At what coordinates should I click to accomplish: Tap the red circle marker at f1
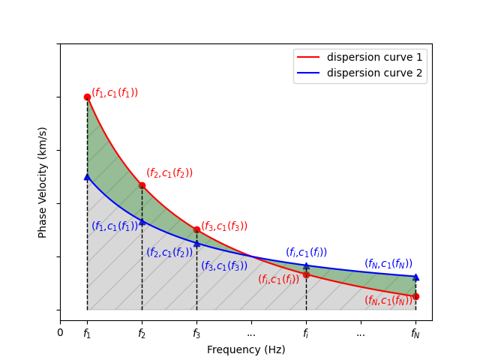(x=87, y=97)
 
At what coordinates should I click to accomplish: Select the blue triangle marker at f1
(x=87, y=177)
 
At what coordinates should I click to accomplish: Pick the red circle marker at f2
(x=142, y=185)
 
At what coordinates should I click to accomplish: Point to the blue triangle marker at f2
(x=142, y=222)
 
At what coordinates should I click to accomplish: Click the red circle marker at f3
(x=196, y=229)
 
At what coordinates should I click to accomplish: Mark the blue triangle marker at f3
(x=196, y=244)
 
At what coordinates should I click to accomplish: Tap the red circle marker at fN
(x=415, y=296)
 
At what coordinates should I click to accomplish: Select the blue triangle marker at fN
(x=415, y=277)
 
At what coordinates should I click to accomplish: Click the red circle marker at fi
(x=306, y=274)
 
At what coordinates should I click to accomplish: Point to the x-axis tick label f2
(x=142, y=334)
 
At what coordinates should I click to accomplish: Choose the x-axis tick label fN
(x=415, y=334)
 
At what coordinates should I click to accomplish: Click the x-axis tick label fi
(x=306, y=334)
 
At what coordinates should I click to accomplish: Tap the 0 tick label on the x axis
(x=61, y=332)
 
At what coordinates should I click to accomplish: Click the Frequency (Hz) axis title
(x=246, y=349)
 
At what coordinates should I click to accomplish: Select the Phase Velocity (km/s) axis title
(x=43, y=182)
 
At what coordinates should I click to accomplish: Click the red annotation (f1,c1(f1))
(x=115, y=93)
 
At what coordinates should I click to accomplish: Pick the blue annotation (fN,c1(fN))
(x=388, y=264)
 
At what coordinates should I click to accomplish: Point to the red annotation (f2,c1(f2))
(x=169, y=173)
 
